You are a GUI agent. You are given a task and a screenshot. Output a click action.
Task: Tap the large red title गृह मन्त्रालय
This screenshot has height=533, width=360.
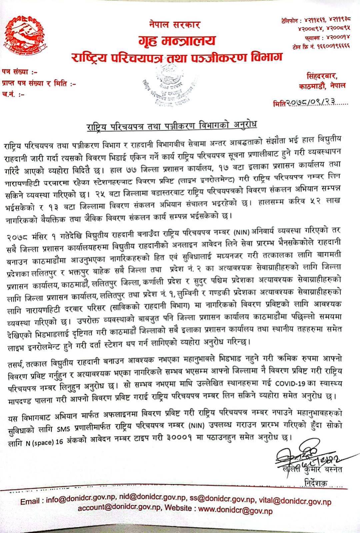(x=177, y=41)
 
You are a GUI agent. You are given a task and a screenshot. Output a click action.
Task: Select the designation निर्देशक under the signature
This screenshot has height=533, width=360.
(x=316, y=482)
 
